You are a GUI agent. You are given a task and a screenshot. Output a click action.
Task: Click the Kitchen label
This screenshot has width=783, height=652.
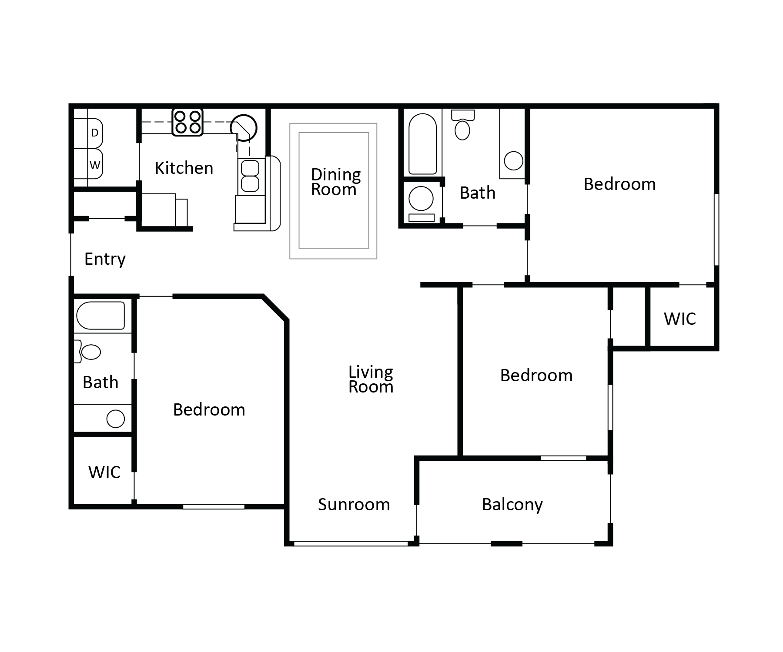point(184,168)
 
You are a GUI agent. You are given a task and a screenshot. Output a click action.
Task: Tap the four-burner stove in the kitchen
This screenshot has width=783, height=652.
point(187,122)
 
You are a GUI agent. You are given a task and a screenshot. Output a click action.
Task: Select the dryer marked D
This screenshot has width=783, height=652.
point(94,133)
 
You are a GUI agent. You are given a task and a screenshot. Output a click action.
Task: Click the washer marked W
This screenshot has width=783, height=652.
point(94,165)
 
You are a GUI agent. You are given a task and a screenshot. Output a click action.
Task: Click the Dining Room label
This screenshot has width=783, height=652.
point(335,182)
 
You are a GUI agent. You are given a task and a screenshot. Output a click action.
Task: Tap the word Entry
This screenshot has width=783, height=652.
point(105,259)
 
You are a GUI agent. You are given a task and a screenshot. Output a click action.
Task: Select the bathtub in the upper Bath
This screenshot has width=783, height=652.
point(422,144)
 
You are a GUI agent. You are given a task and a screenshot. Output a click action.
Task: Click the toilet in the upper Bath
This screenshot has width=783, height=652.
point(462,126)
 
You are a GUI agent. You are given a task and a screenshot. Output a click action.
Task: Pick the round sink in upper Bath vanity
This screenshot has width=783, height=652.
point(513,161)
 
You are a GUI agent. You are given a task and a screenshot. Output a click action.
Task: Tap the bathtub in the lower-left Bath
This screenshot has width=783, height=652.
point(100,316)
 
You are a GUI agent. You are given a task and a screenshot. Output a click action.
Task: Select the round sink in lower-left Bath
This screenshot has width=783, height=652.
point(116,419)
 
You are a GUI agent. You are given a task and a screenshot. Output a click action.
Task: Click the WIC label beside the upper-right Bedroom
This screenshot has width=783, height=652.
point(679,319)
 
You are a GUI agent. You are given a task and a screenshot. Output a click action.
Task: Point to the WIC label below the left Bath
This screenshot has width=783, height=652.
point(104,472)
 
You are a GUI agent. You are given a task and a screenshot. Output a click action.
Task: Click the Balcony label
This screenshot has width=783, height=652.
point(512,505)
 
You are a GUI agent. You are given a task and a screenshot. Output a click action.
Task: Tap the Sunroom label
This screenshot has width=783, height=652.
point(354,505)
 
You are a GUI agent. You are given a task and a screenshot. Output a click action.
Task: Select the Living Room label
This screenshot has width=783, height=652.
point(371,379)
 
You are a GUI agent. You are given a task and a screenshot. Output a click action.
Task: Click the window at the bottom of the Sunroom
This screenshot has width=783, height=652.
point(351,543)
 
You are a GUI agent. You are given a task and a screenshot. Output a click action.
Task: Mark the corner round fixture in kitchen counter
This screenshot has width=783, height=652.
point(244,128)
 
